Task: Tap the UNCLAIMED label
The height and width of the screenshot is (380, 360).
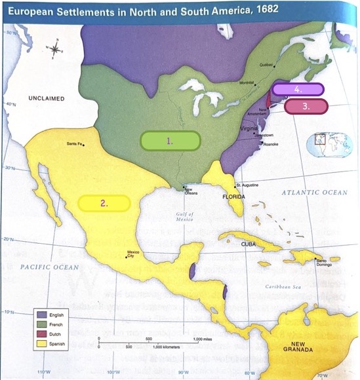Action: tap(46, 98)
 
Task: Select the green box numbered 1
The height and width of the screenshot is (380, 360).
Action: tap(170, 141)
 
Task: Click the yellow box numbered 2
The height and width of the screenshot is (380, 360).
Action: tap(104, 203)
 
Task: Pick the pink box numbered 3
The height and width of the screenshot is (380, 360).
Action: tap(306, 105)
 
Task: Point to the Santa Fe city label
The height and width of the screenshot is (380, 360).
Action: tap(75, 144)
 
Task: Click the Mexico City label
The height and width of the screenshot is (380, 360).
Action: tap(133, 254)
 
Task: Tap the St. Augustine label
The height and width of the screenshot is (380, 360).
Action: tap(248, 186)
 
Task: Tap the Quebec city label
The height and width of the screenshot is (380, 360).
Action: tap(266, 65)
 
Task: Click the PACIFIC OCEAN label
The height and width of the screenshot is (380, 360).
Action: tap(49, 267)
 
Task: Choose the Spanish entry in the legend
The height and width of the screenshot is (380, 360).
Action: tap(54, 343)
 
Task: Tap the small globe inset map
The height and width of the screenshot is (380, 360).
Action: tap(320, 142)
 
